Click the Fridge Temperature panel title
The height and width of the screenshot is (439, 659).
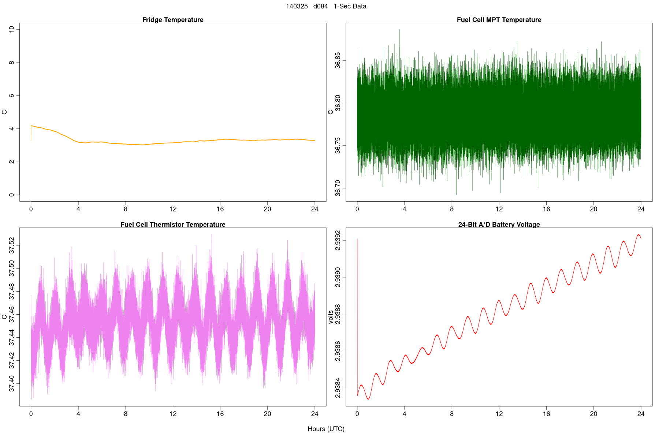(x=173, y=20)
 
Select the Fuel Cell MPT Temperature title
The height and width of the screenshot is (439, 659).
(x=499, y=20)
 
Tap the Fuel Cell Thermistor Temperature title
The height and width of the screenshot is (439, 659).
(x=173, y=225)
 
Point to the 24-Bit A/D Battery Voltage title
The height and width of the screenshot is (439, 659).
(x=499, y=225)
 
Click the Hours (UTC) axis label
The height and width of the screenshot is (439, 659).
(x=326, y=429)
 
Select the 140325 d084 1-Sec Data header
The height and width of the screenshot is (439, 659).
(x=326, y=6)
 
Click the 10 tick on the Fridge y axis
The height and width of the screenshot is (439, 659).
(x=12, y=29)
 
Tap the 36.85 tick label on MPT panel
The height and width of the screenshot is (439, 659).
(x=338, y=60)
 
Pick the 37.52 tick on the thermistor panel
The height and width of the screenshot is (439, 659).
(x=12, y=245)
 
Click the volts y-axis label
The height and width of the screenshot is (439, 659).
(x=331, y=317)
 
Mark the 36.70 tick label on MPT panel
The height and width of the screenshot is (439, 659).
(x=338, y=188)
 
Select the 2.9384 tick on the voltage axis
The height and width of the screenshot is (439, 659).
(x=338, y=389)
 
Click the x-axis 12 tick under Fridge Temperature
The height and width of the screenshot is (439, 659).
(x=173, y=209)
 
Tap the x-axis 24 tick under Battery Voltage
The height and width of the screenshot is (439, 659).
(x=641, y=414)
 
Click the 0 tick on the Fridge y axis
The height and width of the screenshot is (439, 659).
(x=12, y=195)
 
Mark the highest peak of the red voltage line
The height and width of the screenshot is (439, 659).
(x=638, y=235)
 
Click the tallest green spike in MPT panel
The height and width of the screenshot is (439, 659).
(x=399, y=30)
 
